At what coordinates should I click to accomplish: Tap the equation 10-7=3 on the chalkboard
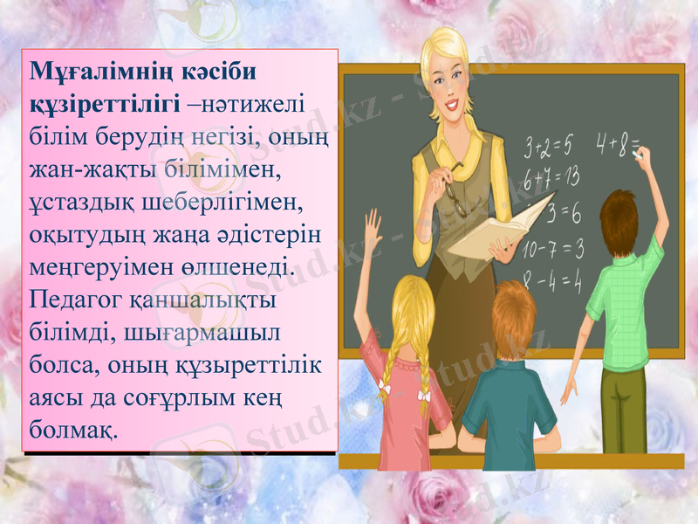(x=552, y=249)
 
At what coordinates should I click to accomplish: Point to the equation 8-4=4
(x=552, y=280)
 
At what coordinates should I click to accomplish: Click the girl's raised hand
(x=373, y=225)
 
